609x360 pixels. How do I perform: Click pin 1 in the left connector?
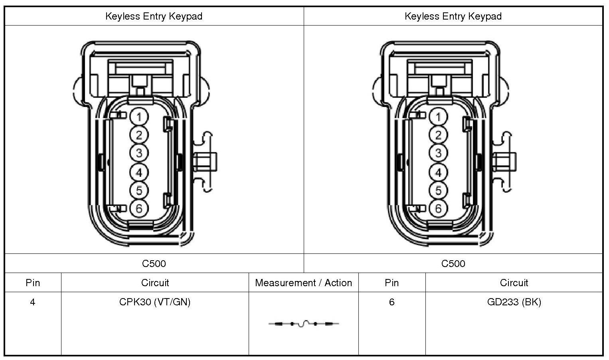(139, 117)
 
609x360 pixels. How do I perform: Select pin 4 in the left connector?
(139, 172)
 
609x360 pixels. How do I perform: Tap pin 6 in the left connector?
(139, 208)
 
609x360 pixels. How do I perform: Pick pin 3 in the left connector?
(139, 153)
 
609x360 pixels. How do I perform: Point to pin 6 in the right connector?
(438, 208)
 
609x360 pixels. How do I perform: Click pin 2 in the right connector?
(438, 135)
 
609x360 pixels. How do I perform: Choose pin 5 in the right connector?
(438, 190)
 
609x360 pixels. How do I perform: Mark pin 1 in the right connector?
(438, 117)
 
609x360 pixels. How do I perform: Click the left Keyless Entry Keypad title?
(154, 16)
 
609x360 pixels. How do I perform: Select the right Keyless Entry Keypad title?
(453, 16)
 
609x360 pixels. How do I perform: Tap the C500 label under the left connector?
(154, 263)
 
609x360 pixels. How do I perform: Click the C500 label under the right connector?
(453, 263)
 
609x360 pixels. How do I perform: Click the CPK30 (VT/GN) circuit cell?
(155, 302)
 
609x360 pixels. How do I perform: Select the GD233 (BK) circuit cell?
(514, 302)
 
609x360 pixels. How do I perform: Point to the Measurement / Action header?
(303, 283)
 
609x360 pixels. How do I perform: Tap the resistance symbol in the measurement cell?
(304, 324)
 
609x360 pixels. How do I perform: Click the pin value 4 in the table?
(32, 302)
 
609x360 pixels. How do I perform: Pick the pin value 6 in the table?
(391, 302)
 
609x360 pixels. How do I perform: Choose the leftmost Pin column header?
(33, 283)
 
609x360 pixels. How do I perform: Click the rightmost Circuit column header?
(514, 283)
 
